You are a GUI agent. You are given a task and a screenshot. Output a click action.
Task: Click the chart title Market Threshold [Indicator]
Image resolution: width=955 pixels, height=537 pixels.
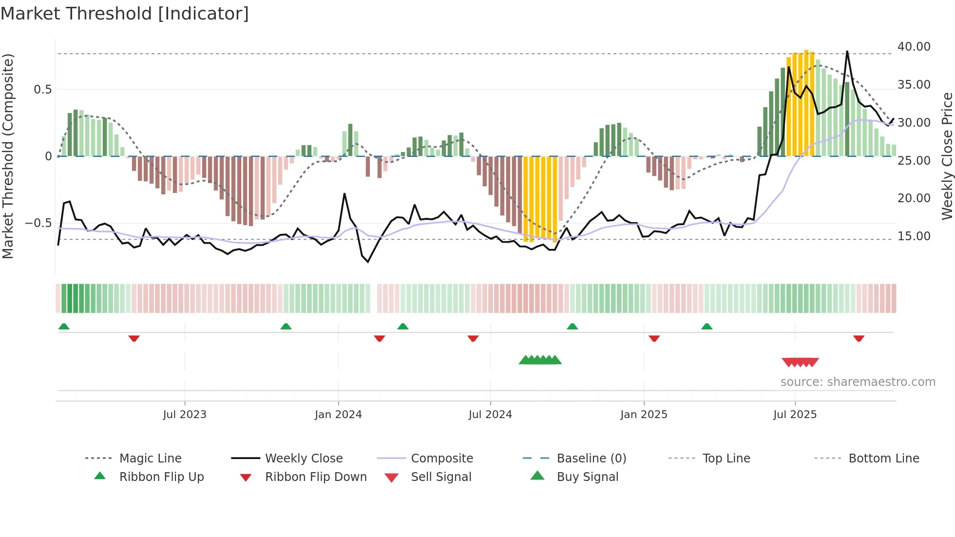pyautogui.click(x=125, y=14)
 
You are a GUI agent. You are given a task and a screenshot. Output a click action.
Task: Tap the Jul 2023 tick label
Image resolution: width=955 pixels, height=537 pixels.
pyautogui.click(x=185, y=415)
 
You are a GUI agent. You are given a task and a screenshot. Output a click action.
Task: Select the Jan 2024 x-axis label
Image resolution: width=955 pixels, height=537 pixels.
pyautogui.click(x=338, y=415)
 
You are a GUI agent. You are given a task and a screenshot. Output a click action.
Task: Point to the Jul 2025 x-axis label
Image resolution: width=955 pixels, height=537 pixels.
pyautogui.click(x=795, y=415)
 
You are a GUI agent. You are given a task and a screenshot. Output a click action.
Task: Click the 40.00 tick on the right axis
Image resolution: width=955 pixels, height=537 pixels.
pyautogui.click(x=914, y=47)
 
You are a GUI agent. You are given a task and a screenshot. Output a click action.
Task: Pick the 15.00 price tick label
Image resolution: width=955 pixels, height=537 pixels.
pyautogui.click(x=914, y=236)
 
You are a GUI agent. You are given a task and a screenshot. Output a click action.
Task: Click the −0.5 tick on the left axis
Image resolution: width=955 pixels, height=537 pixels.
pyautogui.click(x=38, y=223)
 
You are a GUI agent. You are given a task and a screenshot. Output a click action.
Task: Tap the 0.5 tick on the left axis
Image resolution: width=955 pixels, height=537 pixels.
pyautogui.click(x=42, y=90)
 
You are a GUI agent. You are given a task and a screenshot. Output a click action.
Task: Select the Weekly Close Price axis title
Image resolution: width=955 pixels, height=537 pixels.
pyautogui.click(x=947, y=156)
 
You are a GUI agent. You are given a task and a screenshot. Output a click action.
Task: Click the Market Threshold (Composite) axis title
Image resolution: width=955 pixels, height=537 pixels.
pyautogui.click(x=8, y=156)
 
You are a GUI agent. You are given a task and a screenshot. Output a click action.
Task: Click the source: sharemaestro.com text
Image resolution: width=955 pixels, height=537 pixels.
pyautogui.click(x=858, y=382)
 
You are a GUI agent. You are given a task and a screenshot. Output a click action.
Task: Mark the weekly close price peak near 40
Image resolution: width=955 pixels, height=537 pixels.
pyautogui.click(x=847, y=52)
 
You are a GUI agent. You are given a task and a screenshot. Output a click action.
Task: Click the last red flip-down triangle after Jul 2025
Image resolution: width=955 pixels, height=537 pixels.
pyautogui.click(x=859, y=338)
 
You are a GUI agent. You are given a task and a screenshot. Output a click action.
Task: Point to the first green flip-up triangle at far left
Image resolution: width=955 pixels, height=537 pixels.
pyautogui.click(x=64, y=326)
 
